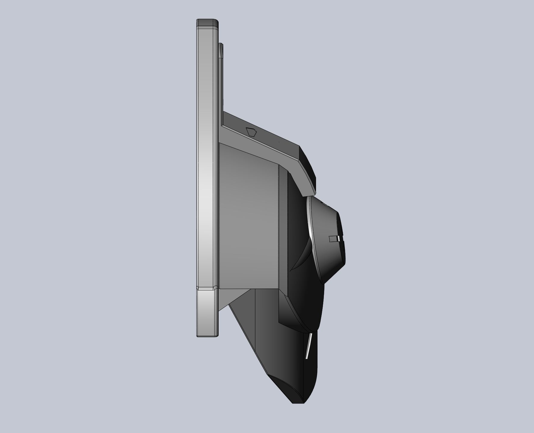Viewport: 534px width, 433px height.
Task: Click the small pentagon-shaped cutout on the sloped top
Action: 251,132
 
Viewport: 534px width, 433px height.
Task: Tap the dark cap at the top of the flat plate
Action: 207,23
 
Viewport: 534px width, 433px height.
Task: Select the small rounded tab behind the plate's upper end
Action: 221,50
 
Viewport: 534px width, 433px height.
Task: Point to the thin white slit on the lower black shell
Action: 309,346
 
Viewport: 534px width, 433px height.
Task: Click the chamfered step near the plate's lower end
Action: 207,288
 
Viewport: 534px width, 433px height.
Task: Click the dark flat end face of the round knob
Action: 342,241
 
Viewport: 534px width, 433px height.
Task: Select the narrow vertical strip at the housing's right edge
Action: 283,226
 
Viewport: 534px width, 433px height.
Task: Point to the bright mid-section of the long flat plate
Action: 207,180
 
